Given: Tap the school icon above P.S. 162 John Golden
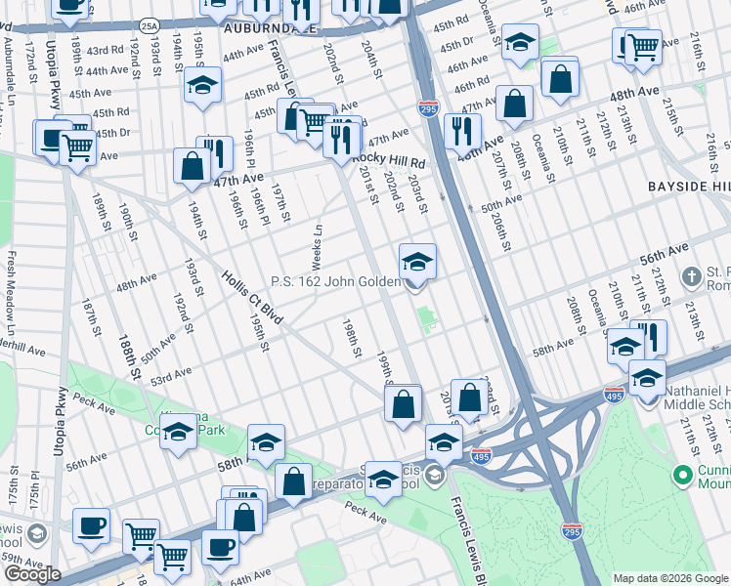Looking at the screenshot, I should [417, 262].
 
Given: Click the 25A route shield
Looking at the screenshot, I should [148, 25].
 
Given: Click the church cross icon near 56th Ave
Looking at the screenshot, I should [692, 276].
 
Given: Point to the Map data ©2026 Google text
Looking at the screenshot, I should [670, 578].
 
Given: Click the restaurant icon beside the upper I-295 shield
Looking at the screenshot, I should [462, 130].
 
